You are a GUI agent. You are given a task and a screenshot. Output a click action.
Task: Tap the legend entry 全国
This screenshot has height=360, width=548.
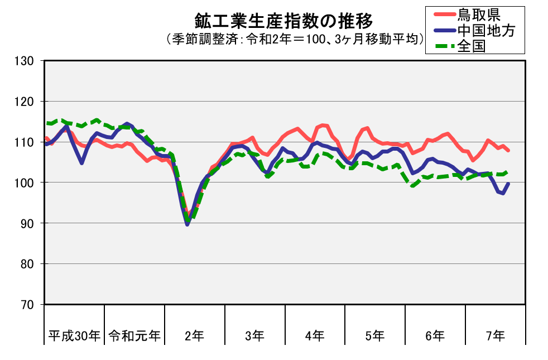pos(472,46)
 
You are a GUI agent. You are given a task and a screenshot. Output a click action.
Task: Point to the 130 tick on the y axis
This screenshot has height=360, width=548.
pos(25,61)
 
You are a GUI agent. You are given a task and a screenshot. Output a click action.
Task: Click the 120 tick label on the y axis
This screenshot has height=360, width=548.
pos(25,102)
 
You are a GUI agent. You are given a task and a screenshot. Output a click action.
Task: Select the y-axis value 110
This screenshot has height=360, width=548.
pos(25,142)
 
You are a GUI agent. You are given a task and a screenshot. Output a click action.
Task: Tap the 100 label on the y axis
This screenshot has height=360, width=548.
pos(25,183)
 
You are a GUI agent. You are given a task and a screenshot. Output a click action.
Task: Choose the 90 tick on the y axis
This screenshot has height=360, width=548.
pos(27,223)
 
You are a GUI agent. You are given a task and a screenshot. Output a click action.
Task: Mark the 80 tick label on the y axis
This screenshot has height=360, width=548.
pos(27,264)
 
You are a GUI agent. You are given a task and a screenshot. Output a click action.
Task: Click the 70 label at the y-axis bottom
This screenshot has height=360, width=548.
pos(27,304)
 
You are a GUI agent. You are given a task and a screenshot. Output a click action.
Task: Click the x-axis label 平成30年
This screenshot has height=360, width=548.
pos(74,336)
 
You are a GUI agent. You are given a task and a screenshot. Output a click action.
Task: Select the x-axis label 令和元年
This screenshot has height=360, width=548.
pos(134,336)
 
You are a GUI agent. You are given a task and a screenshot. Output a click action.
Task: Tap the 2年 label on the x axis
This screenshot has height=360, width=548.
pos(195,336)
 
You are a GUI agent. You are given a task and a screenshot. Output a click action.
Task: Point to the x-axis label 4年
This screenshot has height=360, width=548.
pos(315,336)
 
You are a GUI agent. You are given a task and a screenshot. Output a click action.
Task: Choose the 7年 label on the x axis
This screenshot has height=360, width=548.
pos(495,336)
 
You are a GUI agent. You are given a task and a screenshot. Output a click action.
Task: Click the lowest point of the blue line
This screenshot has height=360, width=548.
pos(187,224)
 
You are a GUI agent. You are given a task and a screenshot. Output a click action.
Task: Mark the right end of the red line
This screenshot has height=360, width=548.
pos(508,151)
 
